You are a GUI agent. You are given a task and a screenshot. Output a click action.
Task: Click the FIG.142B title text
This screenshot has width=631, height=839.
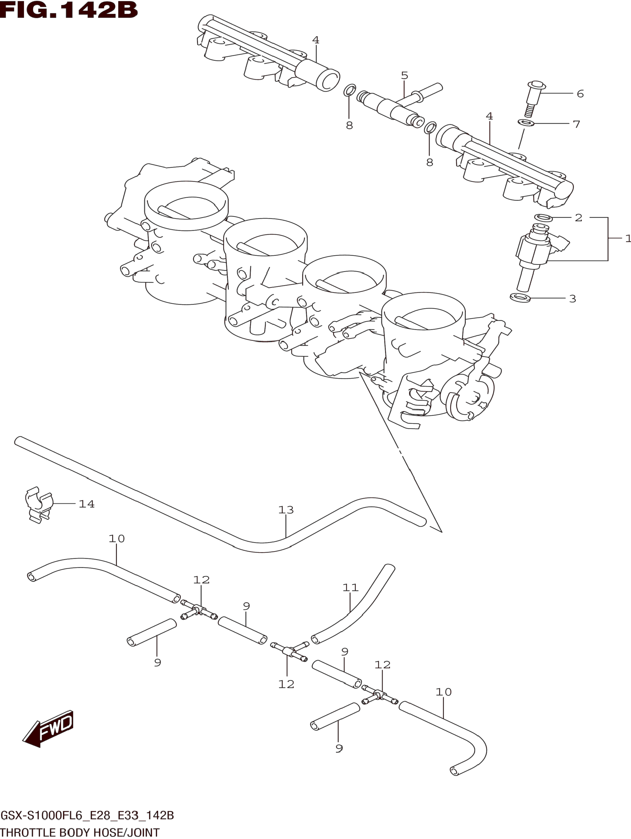69,10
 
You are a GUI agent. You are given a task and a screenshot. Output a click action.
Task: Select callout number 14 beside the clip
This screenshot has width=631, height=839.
86,504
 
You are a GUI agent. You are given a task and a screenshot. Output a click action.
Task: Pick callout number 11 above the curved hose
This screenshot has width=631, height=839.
350,588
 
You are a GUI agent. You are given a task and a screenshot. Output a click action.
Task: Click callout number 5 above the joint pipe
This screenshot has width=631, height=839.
405,76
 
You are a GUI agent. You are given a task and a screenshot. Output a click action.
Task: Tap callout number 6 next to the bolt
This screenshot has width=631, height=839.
580,94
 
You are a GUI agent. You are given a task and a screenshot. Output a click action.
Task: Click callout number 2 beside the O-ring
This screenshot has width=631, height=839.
578,218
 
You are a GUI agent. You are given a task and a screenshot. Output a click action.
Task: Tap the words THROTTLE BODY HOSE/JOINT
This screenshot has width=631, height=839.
80,833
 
